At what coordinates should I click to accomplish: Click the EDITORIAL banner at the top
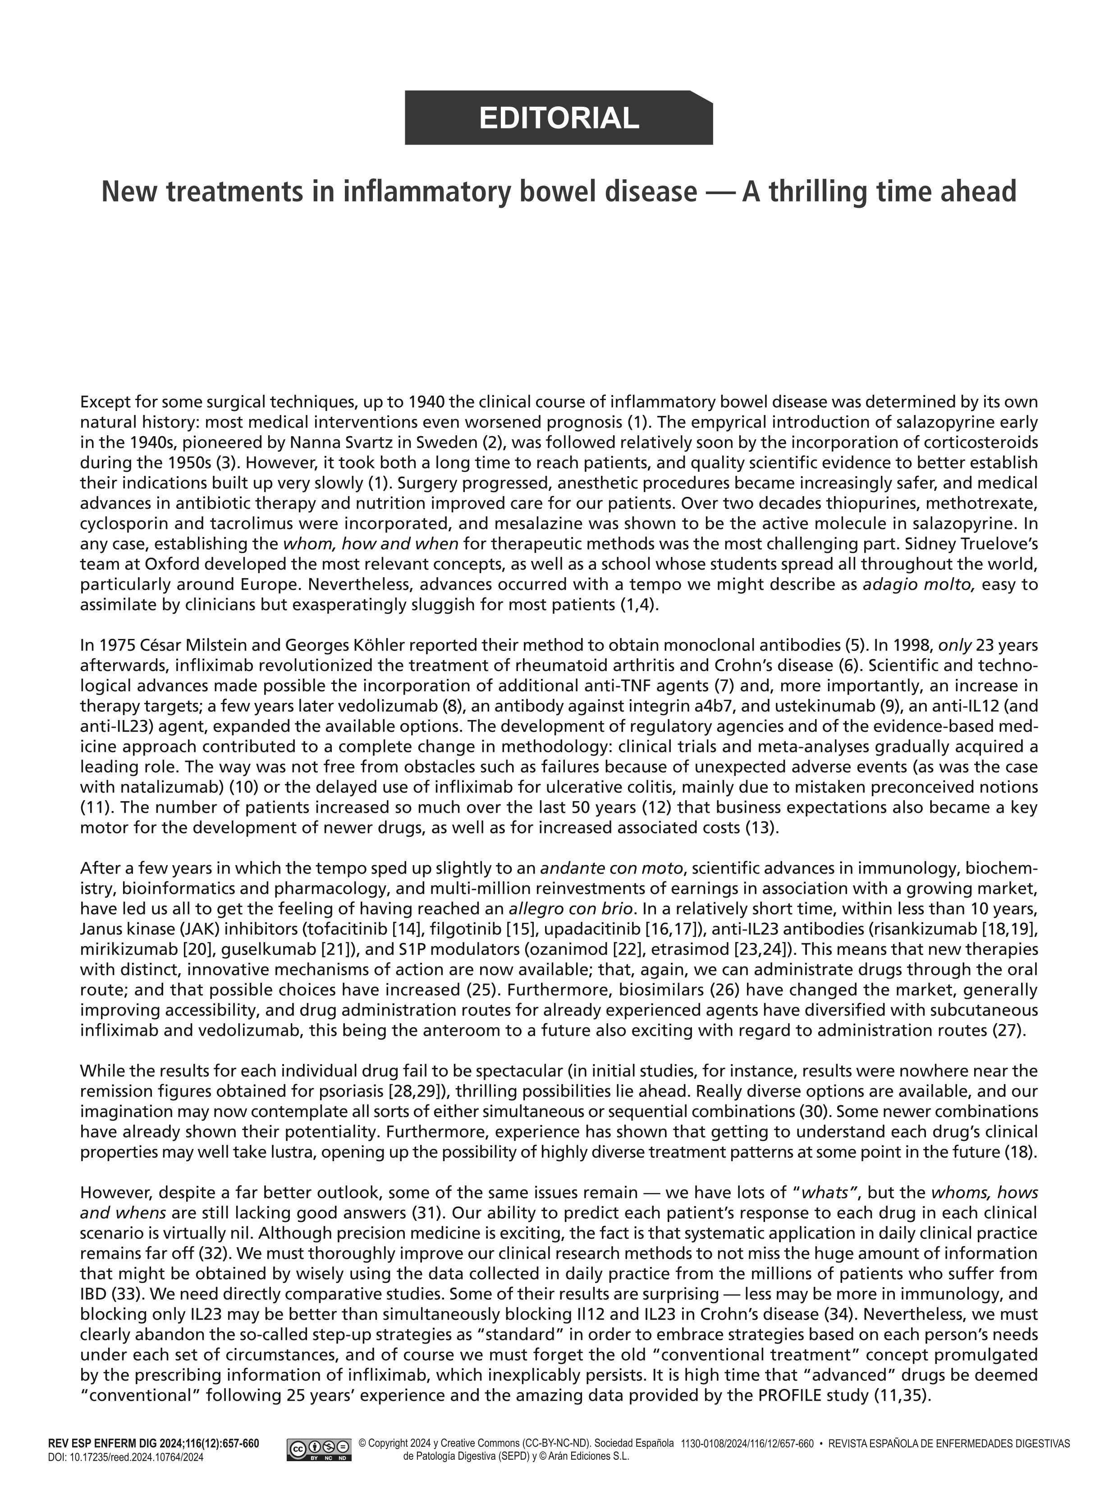559,118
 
